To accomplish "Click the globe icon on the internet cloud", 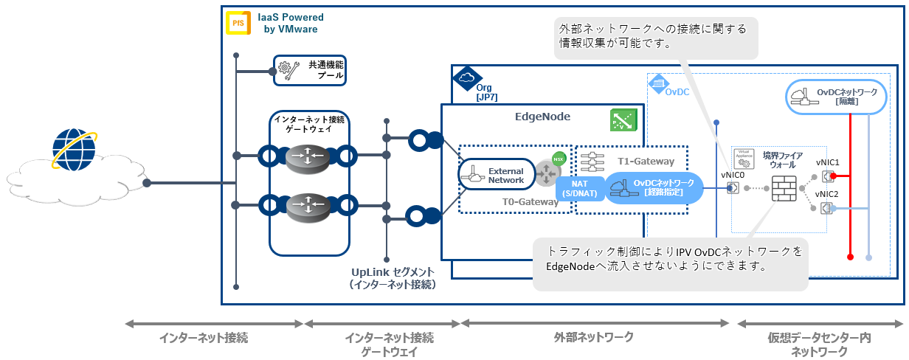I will click(x=74, y=150).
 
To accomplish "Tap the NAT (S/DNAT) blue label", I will click(x=581, y=188).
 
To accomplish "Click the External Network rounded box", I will click(x=497, y=176).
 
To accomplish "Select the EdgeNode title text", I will click(x=542, y=117).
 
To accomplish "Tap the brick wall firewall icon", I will click(x=785, y=188).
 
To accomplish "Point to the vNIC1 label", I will click(x=828, y=162).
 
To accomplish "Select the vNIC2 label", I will click(x=828, y=194).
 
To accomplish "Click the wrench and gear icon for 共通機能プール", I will click(x=288, y=70).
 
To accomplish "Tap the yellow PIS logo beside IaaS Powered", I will click(x=238, y=23).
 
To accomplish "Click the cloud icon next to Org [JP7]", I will click(x=466, y=77).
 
